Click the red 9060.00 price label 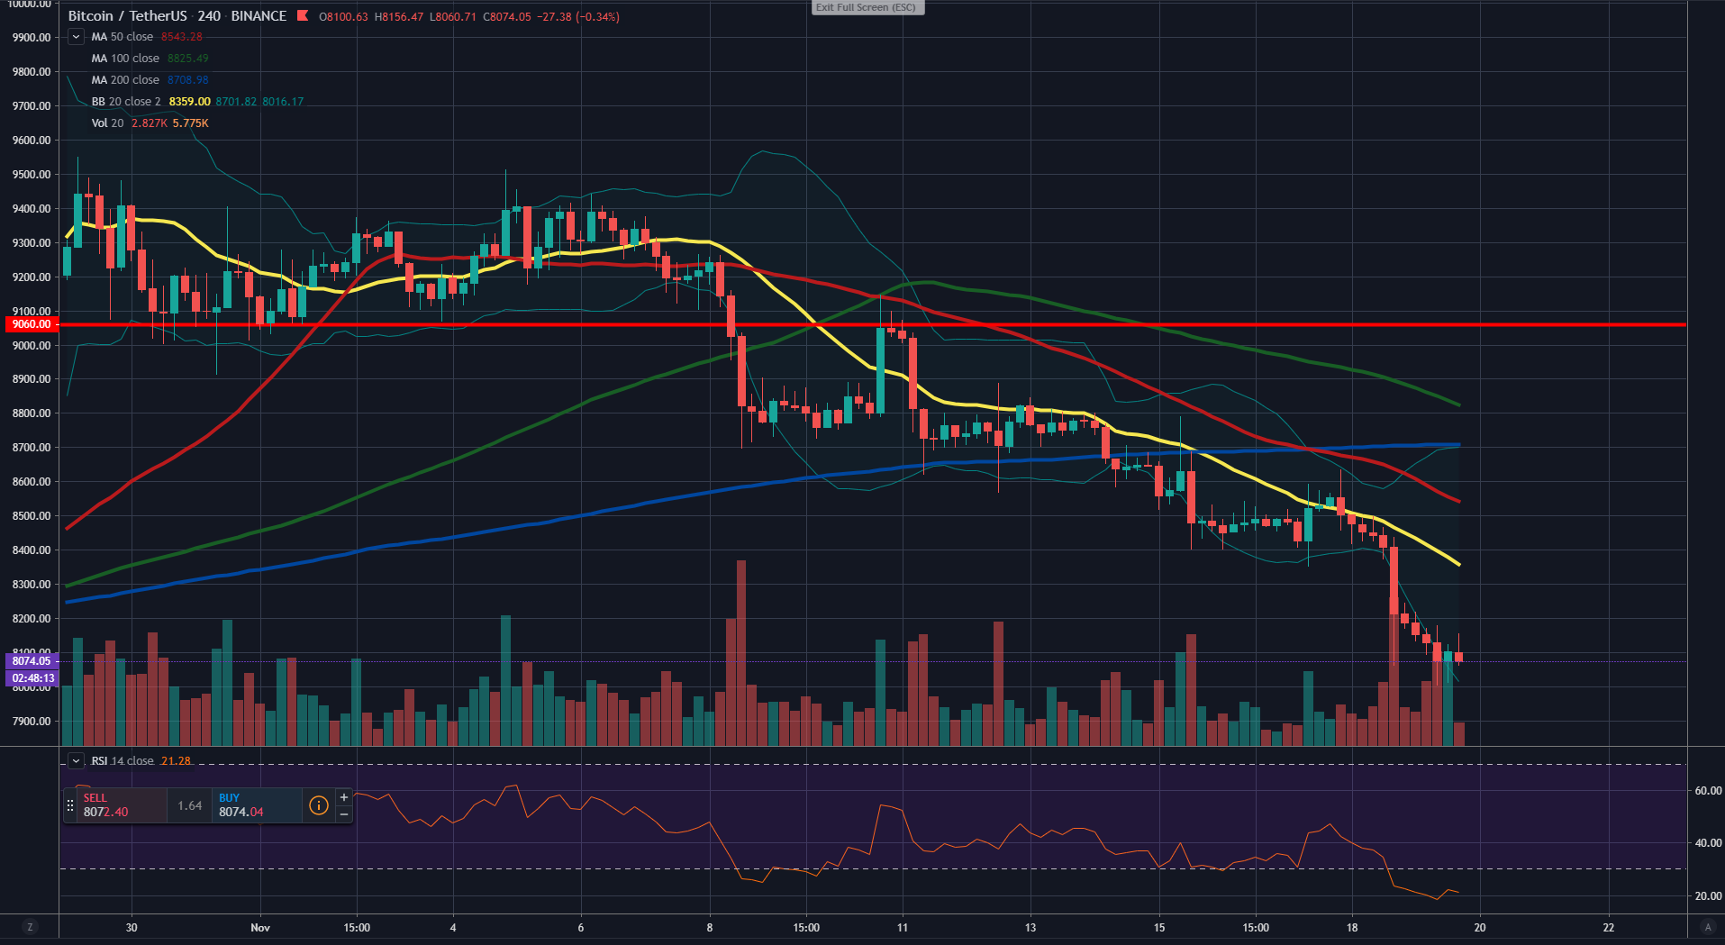point(32,324)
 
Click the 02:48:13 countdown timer point(32,678)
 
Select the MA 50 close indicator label point(123,37)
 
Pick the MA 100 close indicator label point(125,59)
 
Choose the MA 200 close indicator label point(125,80)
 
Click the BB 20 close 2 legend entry point(126,102)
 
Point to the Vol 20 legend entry point(108,123)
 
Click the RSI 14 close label point(123,761)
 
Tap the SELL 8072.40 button point(115,805)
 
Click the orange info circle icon point(318,805)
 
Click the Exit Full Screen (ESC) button point(867,8)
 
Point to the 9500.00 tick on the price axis point(32,175)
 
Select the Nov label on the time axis point(260,928)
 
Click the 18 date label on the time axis point(1351,928)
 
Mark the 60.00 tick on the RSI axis point(1708,791)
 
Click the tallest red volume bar point(741,652)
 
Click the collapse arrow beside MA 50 point(77,37)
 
